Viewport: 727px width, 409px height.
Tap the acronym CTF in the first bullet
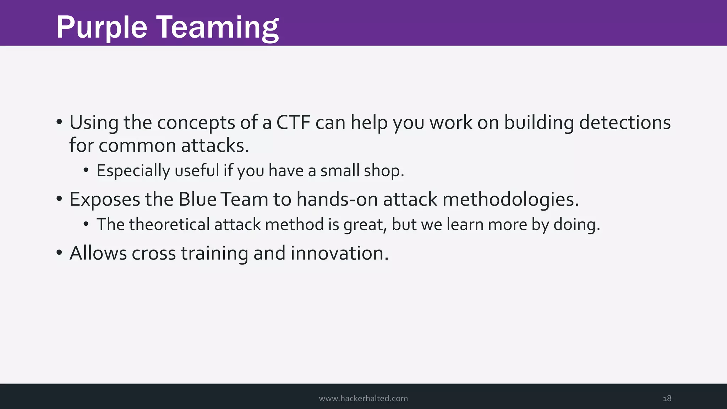(x=293, y=122)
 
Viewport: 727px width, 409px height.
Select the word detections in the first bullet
(x=625, y=122)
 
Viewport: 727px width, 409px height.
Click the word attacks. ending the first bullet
(x=215, y=146)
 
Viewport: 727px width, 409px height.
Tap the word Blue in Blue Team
(x=197, y=199)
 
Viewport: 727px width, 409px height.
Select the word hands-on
(x=337, y=199)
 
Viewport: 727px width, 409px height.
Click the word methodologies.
(x=510, y=200)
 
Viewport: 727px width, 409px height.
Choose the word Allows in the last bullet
(x=98, y=253)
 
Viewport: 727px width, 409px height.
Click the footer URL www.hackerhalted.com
(x=363, y=398)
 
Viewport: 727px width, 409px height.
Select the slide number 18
(x=667, y=398)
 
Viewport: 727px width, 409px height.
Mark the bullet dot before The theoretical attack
(x=86, y=224)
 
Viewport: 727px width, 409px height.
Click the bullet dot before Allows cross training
(x=59, y=253)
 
